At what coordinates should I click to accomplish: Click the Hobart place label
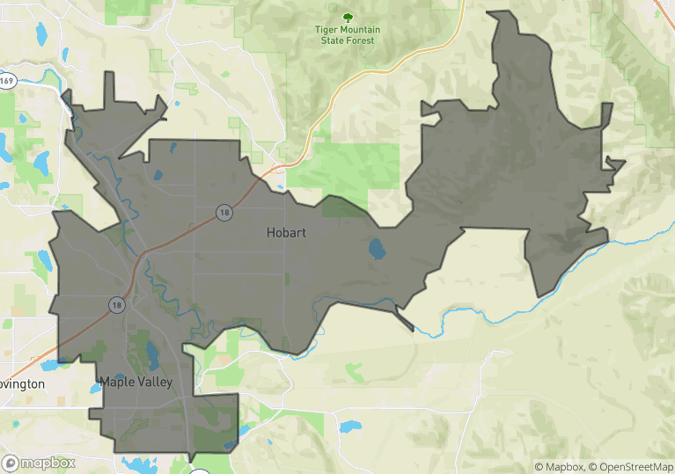click(286, 233)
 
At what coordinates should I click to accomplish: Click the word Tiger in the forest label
click(328, 30)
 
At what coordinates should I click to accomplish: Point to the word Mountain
click(361, 30)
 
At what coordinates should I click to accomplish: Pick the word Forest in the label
click(359, 40)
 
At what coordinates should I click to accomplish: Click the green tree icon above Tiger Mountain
click(348, 17)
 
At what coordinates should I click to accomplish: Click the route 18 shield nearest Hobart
click(225, 212)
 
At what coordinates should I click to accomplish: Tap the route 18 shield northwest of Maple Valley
click(116, 304)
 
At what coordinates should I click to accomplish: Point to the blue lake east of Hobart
click(377, 249)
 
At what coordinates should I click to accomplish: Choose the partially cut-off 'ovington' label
click(22, 384)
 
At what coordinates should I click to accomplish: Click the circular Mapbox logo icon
click(11, 463)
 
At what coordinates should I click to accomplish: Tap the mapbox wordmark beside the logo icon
click(48, 463)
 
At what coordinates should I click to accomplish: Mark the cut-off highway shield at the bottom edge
click(200, 471)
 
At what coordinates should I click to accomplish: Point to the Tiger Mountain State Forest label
click(348, 35)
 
